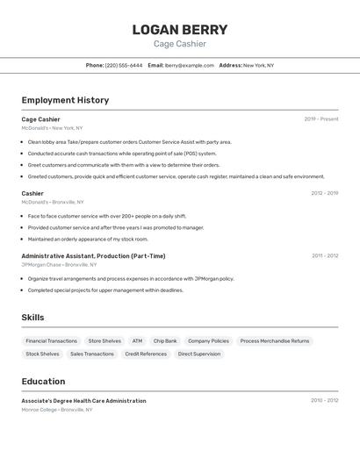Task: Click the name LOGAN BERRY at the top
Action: click(179, 30)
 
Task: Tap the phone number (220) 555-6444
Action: click(124, 65)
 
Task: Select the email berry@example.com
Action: click(190, 65)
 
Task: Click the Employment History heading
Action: click(65, 100)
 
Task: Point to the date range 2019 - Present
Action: click(320, 119)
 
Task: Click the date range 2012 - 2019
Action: click(324, 193)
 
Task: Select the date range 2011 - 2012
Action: click(324, 256)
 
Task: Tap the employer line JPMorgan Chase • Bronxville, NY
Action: click(59, 264)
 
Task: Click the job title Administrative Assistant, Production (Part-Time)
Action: click(93, 256)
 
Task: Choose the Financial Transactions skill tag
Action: click(51, 340)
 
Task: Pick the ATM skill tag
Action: click(137, 340)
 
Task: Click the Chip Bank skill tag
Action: click(165, 340)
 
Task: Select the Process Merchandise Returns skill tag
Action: click(275, 340)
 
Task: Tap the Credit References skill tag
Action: click(146, 354)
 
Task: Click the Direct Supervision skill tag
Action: click(199, 354)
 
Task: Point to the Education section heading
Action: click(43, 382)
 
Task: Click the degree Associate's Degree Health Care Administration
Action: click(83, 401)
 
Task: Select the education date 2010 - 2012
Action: click(324, 401)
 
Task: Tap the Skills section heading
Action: click(32, 318)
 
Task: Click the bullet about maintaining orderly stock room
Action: click(88, 239)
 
